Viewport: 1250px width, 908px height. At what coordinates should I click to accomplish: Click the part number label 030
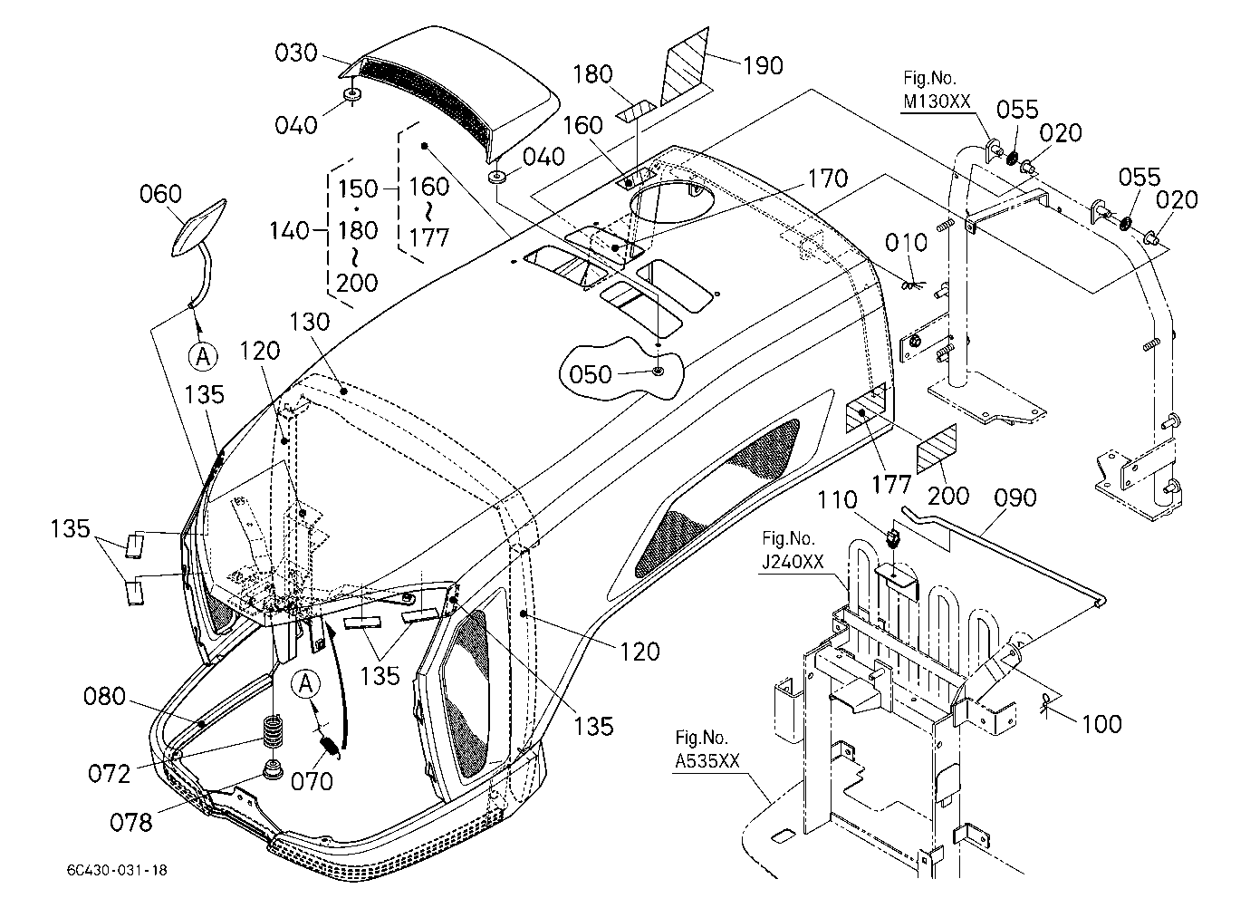296,53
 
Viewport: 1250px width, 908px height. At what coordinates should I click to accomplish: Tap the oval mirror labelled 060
199,227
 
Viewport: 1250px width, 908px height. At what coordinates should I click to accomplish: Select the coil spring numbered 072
272,732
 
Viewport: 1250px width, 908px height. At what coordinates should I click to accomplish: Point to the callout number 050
591,374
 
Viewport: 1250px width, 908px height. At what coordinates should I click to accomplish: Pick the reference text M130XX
937,101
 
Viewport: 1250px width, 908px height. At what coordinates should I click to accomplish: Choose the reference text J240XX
793,561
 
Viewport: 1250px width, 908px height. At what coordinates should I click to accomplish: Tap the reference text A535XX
707,761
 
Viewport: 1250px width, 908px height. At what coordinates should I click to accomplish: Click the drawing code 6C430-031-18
117,870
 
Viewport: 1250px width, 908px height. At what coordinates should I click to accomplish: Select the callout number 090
1015,497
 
